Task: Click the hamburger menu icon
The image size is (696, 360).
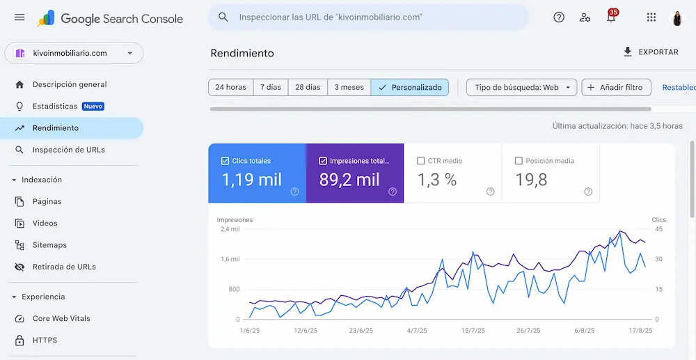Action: (x=19, y=17)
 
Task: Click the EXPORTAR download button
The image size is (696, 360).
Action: (x=651, y=52)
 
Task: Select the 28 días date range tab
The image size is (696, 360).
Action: (x=308, y=88)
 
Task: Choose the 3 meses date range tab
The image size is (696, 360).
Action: (x=349, y=88)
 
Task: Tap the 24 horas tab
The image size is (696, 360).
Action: (x=231, y=88)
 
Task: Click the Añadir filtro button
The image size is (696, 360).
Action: (x=616, y=88)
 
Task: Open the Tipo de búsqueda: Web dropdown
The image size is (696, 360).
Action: (x=521, y=88)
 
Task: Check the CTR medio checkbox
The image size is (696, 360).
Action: (x=421, y=161)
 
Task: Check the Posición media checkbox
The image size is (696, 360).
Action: (x=519, y=161)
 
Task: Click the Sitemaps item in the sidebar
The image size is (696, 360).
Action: (x=49, y=245)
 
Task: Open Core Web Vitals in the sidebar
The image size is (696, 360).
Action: (x=61, y=319)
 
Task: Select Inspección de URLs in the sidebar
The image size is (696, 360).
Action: (x=68, y=150)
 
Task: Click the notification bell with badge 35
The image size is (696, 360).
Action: (x=611, y=17)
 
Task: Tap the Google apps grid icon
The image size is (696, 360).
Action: (x=651, y=17)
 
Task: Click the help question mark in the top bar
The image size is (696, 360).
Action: (x=559, y=17)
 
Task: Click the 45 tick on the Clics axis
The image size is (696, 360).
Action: (x=659, y=229)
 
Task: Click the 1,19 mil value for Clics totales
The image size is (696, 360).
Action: (x=252, y=180)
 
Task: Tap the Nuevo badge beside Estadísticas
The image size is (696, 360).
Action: (x=93, y=107)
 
